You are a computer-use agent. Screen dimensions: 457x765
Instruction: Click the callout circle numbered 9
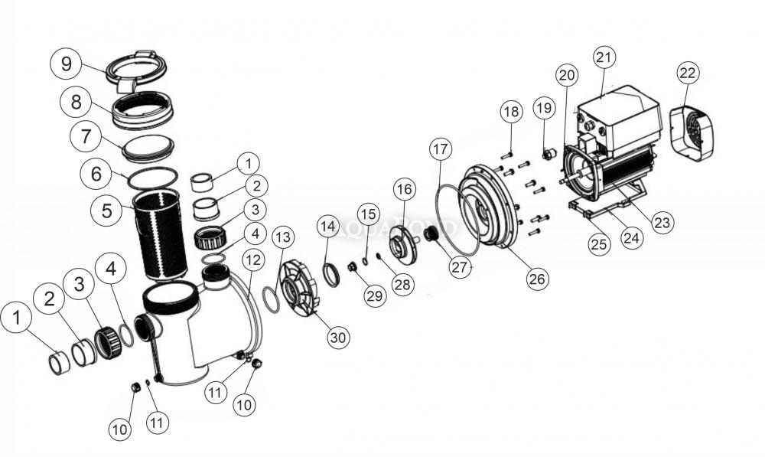67,64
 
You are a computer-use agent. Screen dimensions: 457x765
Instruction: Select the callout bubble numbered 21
604,57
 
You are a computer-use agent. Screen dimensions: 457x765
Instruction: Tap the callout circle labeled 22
688,73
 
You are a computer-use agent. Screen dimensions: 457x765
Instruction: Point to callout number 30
337,337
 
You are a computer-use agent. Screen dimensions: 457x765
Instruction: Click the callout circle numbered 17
441,149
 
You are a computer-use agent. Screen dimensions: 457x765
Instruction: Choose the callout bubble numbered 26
538,279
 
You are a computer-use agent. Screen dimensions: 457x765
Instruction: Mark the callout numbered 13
282,236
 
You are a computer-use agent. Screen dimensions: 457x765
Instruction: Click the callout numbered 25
600,244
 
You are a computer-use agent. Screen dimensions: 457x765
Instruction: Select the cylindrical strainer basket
159,233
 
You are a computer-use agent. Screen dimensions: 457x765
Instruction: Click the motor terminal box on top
620,111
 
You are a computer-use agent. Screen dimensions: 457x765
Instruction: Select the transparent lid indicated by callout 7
148,145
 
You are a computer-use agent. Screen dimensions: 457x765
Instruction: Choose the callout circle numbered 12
255,259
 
